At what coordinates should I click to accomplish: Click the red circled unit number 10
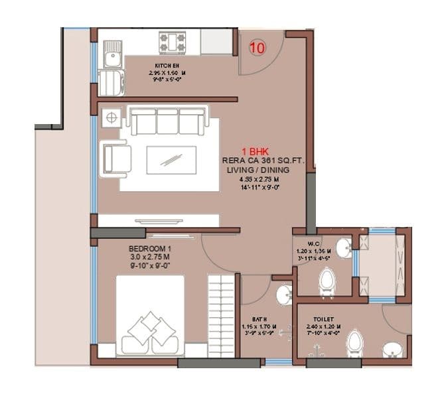pos(258,47)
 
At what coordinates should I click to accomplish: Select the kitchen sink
pos(112,52)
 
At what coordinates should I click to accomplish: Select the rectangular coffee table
pos(171,159)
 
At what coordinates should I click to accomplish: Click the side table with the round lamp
pos(110,117)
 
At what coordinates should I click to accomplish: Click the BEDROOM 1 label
pos(149,249)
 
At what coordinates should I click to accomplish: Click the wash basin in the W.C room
pos(343,249)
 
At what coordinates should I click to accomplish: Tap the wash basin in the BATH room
pos(284,294)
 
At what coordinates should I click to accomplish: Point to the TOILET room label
pos(323,319)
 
